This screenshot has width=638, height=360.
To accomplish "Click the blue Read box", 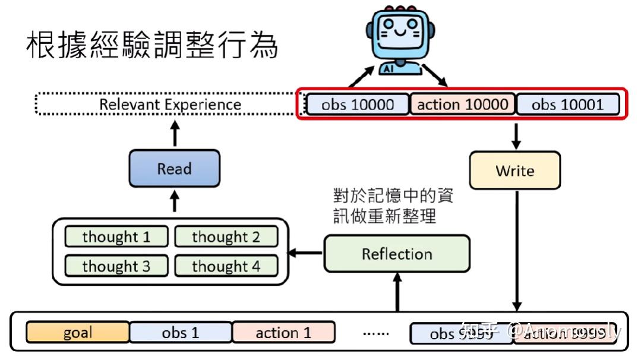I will tap(174, 169).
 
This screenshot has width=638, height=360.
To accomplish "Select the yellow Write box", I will tap(514, 171).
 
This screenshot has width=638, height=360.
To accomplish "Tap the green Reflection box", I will tap(396, 254).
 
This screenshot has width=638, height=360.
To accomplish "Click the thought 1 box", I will tap(116, 236).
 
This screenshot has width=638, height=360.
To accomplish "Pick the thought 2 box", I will tap(226, 236).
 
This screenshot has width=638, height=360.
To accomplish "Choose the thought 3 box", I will tap(116, 266).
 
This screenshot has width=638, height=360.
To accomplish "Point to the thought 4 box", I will tap(226, 266).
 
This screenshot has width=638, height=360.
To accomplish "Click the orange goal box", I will tap(77, 333).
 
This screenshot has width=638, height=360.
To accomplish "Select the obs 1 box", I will tap(181, 333).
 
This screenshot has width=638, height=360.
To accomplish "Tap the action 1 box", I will tap(283, 333).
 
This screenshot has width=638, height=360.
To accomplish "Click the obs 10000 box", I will tap(358, 105).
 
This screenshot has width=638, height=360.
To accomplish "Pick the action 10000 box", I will tap(463, 105).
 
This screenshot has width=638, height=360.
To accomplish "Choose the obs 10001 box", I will tap(567, 105).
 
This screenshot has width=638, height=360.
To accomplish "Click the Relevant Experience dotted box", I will tap(169, 105).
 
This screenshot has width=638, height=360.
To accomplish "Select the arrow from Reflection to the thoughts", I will tap(306, 254).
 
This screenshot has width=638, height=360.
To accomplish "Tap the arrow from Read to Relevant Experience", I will tap(174, 134).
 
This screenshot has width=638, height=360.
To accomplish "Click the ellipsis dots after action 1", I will tap(375, 333).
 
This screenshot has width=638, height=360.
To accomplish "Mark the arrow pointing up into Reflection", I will tap(397, 291).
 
